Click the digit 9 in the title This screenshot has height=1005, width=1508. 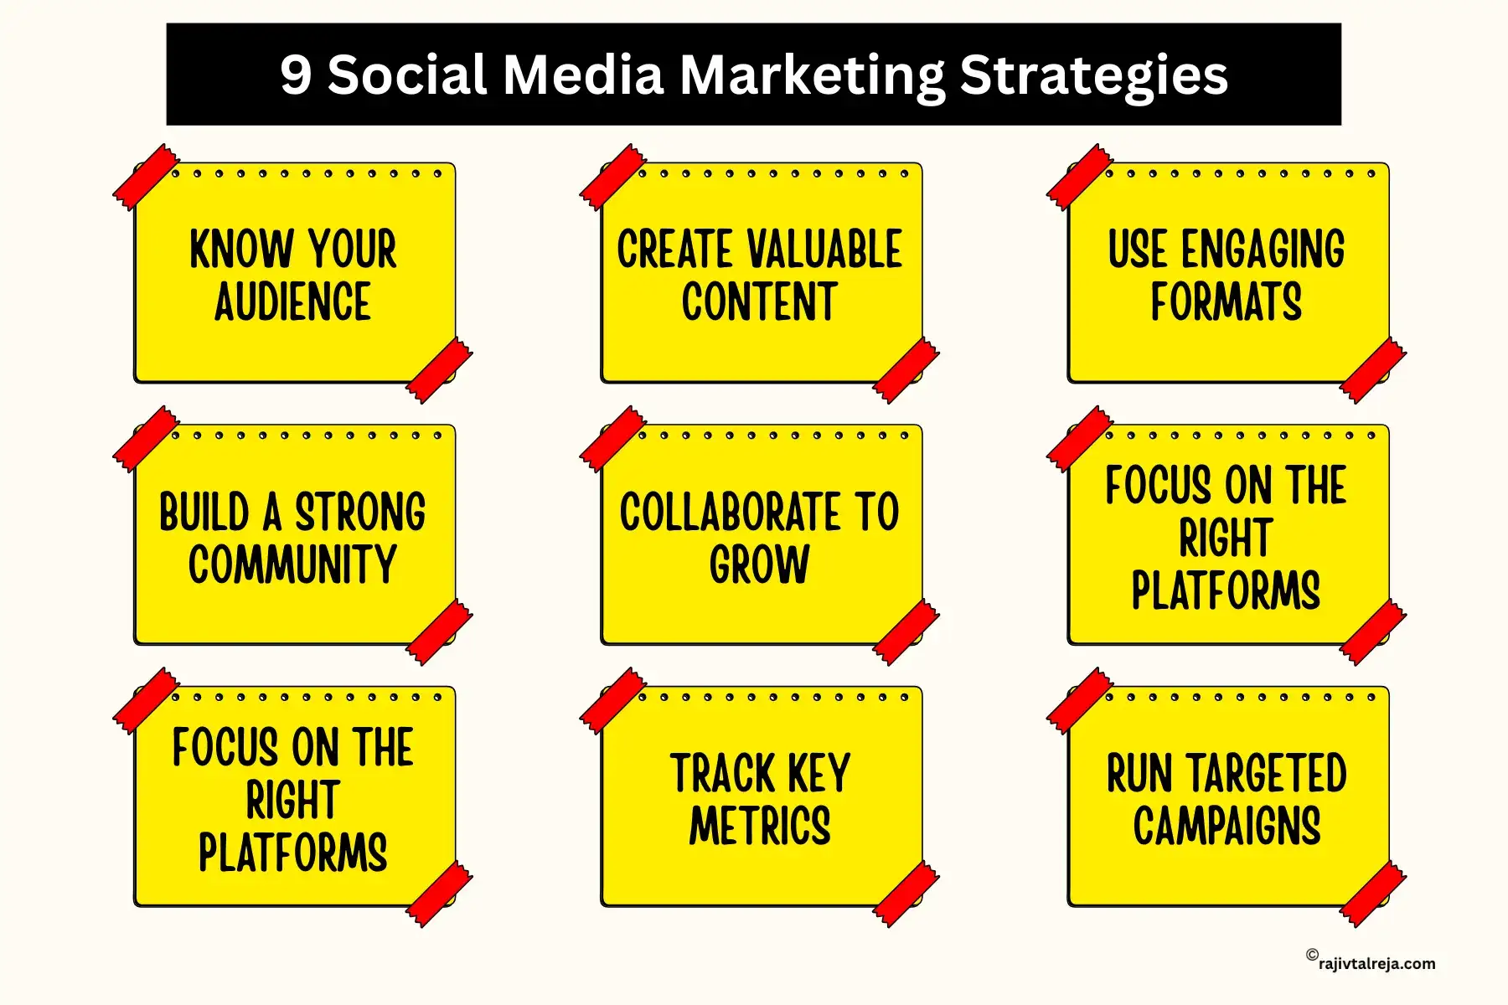pyautogui.click(x=296, y=75)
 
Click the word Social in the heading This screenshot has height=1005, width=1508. pyautogui.click(x=407, y=75)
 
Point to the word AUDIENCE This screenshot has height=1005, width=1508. pyautogui.click(x=292, y=302)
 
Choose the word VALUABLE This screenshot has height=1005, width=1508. pyautogui.click(x=824, y=250)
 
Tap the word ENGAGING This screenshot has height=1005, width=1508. pyautogui.click(x=1263, y=250)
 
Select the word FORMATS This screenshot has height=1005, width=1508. pyautogui.click(x=1227, y=302)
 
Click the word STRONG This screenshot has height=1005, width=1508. pyautogui.click(x=360, y=512)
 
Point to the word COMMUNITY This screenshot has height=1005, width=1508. pyautogui.click(x=292, y=564)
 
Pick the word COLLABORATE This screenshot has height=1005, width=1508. pyautogui.click(x=730, y=512)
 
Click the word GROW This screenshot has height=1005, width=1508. pyautogui.click(x=760, y=564)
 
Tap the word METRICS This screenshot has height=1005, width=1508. pyautogui.click(x=760, y=826)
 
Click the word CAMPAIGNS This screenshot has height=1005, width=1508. pyautogui.click(x=1227, y=826)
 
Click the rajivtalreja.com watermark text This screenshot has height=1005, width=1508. pyautogui.click(x=1376, y=964)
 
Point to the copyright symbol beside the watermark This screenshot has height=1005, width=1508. pyautogui.click(x=1312, y=955)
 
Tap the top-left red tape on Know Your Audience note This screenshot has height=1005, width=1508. pyautogui.click(x=146, y=177)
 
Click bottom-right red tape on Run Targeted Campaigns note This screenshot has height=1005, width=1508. pyautogui.click(x=1373, y=894)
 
